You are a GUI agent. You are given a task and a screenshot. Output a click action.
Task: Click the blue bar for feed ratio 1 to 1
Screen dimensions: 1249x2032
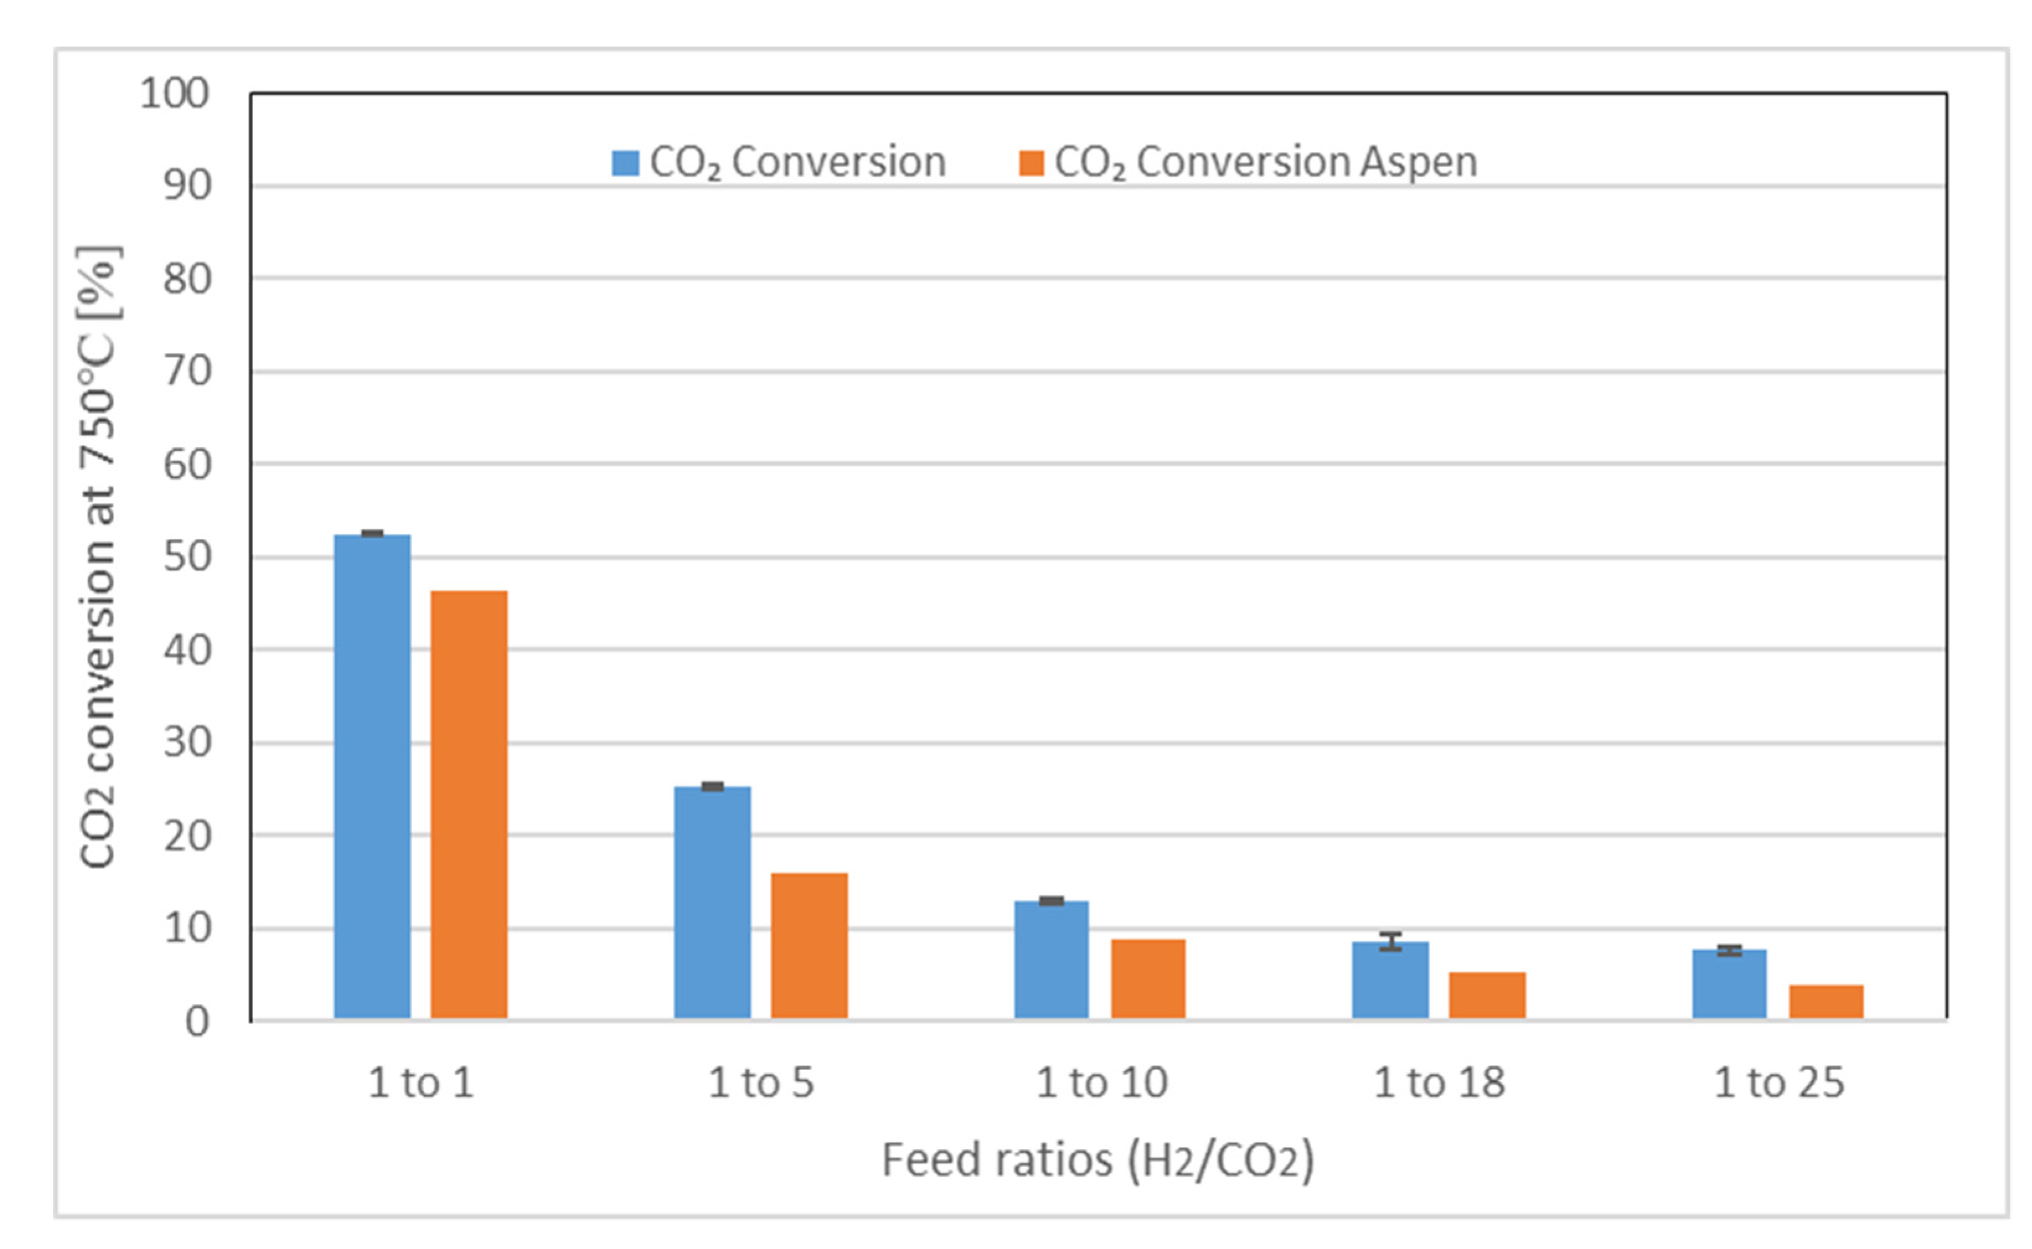372,776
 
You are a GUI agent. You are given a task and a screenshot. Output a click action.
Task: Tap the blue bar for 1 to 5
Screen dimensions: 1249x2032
712,902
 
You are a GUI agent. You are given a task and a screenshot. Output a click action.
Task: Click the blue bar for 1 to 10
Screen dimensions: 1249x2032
1051,959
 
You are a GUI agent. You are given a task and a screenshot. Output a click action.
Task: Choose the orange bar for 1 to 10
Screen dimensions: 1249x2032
1148,978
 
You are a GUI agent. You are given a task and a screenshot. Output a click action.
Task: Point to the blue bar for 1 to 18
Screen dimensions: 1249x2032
1390,981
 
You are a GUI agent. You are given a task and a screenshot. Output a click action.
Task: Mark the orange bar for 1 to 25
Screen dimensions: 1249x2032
1826,1001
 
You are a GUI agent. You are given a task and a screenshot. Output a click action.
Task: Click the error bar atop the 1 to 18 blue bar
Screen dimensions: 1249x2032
1390,942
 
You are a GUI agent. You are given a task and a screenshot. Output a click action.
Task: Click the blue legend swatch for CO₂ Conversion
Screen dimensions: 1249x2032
625,163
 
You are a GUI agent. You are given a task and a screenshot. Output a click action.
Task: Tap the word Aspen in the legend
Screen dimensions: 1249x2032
1418,163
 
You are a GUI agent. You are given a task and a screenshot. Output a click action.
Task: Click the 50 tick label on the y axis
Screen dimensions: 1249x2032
187,557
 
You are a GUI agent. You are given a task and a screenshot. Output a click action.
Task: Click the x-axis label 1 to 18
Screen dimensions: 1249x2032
1439,1083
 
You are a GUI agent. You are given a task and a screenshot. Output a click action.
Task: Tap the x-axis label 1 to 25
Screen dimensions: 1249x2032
1778,1083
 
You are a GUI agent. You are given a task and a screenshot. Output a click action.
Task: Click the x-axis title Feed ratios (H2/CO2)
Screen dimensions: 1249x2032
1097,1160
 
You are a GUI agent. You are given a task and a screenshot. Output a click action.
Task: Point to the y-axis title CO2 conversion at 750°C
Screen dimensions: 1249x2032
97,557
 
